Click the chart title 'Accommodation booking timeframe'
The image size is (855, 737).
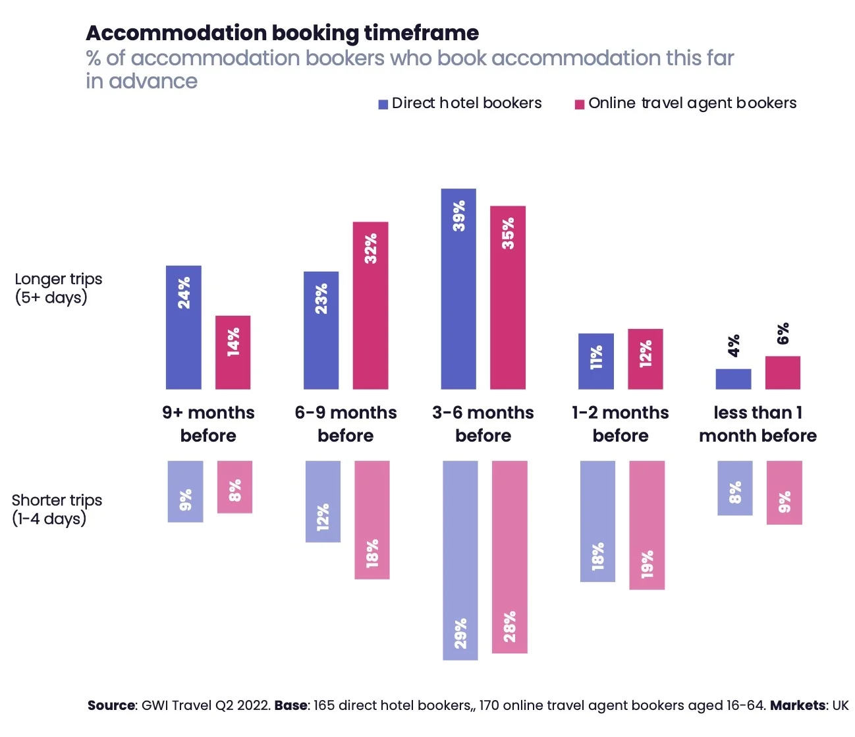point(282,33)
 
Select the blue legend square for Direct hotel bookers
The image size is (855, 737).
point(383,104)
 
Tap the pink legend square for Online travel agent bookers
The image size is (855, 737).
point(580,104)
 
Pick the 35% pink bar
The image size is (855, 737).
point(508,297)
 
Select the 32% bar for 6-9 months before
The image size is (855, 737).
point(370,305)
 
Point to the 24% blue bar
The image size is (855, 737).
point(184,327)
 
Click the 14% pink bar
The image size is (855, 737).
point(233,352)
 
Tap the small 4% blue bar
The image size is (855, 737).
point(733,379)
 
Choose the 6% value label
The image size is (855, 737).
point(783,334)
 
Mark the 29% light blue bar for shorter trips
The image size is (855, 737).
point(460,560)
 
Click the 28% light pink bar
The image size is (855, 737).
point(510,556)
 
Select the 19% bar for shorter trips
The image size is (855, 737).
point(647,525)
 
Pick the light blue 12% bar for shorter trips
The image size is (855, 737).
point(323,501)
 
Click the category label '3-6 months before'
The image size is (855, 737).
point(483,424)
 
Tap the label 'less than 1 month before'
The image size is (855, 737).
point(758,424)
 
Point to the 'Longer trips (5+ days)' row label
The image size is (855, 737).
point(58,288)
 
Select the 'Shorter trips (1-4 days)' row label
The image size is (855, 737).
point(57,509)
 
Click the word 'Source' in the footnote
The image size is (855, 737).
point(111,705)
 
